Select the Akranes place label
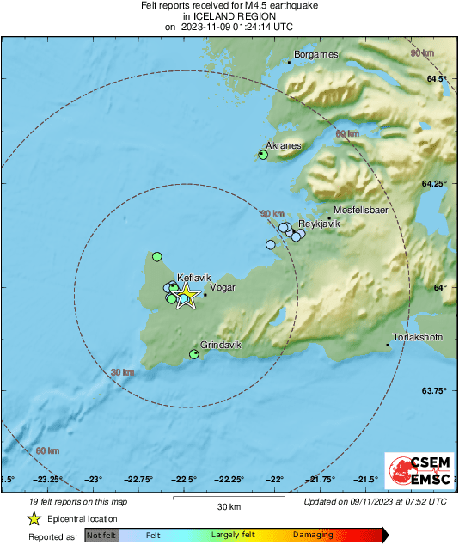pyautogui.click(x=283, y=145)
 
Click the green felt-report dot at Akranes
pyautogui.click(x=263, y=155)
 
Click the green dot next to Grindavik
pyautogui.click(x=194, y=354)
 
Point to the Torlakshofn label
pyautogui.click(x=417, y=337)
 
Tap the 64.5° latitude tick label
pyautogui.click(x=438, y=79)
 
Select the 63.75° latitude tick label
pyautogui.click(x=435, y=390)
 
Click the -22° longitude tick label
pyautogui.click(x=275, y=479)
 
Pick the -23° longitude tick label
pyautogui.click(x=94, y=479)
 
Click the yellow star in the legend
pyautogui.click(x=34, y=518)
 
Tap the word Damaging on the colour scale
pyautogui.click(x=313, y=536)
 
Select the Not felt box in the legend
pyautogui.click(x=101, y=536)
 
